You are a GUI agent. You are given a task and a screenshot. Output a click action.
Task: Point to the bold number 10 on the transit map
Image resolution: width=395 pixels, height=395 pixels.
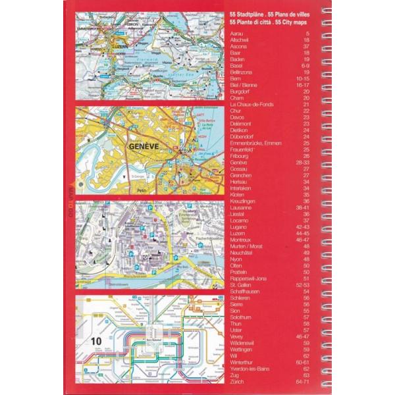coord(97,340)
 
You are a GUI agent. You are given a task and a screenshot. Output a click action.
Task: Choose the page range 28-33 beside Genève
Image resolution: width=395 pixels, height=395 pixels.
coord(303,162)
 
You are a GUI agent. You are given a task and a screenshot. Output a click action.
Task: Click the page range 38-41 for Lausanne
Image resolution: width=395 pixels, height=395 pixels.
coord(303,207)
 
